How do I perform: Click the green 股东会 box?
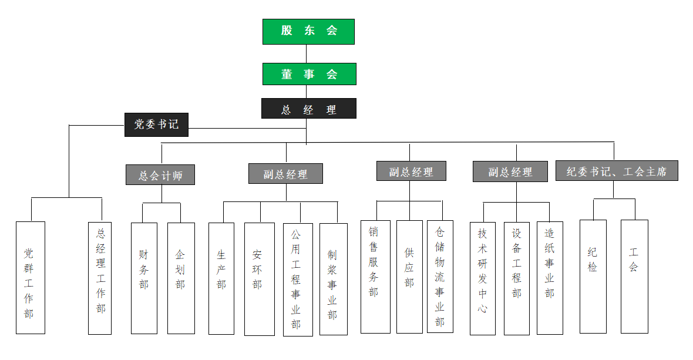(x=308, y=32)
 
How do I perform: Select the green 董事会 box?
(x=309, y=74)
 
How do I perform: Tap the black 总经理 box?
(x=308, y=109)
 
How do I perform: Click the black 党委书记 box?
(x=156, y=125)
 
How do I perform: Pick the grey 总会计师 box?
(x=160, y=175)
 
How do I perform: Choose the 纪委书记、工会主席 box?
(x=617, y=171)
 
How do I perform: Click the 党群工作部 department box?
(x=31, y=277)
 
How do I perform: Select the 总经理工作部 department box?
(x=100, y=277)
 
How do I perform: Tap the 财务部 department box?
(x=144, y=277)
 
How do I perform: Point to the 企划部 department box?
(x=181, y=277)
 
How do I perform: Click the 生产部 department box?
(x=221, y=277)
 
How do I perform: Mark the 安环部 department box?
(x=259, y=278)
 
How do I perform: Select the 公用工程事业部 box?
(x=298, y=279)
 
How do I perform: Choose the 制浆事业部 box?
(x=333, y=278)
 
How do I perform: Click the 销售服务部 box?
(x=375, y=276)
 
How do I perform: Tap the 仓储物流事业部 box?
(x=440, y=276)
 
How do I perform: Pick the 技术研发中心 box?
(x=483, y=278)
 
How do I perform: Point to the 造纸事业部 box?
(x=550, y=277)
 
